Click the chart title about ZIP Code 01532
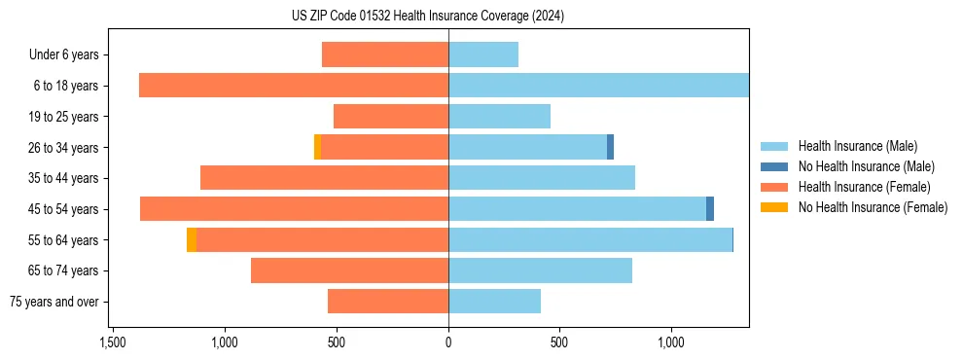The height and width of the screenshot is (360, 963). point(427,16)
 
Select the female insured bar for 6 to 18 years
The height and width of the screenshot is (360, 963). point(293,86)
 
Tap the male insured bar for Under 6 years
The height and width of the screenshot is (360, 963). point(482,54)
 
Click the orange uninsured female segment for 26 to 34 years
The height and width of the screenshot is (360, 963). point(317,147)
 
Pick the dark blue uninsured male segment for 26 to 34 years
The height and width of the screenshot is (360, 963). point(610,147)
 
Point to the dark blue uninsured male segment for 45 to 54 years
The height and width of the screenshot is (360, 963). point(710,208)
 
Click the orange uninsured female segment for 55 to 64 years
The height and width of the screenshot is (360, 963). point(192,239)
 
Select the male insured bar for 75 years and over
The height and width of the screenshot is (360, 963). point(494,302)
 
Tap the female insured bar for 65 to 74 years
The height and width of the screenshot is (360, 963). point(349,270)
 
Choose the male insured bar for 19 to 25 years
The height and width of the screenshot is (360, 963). point(499,117)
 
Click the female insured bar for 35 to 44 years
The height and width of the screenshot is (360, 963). point(324,178)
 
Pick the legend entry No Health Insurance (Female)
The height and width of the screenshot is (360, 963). point(873,207)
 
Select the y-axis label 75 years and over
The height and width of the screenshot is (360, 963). point(54,302)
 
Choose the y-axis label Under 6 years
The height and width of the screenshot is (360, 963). point(63,55)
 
